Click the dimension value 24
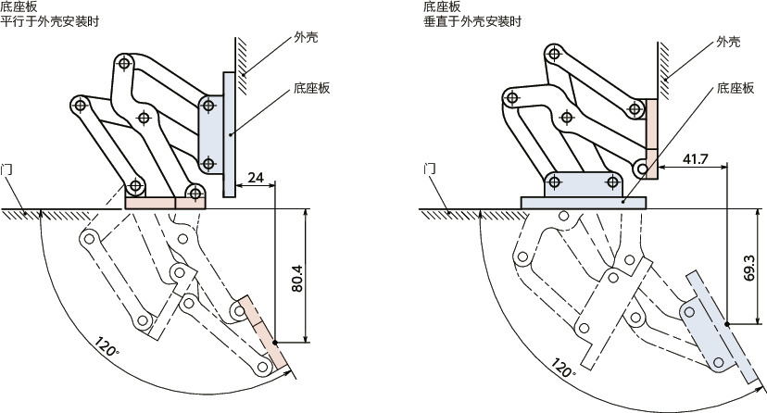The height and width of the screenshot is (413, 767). point(257,176)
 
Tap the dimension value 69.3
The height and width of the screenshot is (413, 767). point(748,268)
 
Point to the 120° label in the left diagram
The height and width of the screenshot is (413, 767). point(107,349)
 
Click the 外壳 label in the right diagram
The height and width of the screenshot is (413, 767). point(730,42)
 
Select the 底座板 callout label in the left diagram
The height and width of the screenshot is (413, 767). point(311,89)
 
